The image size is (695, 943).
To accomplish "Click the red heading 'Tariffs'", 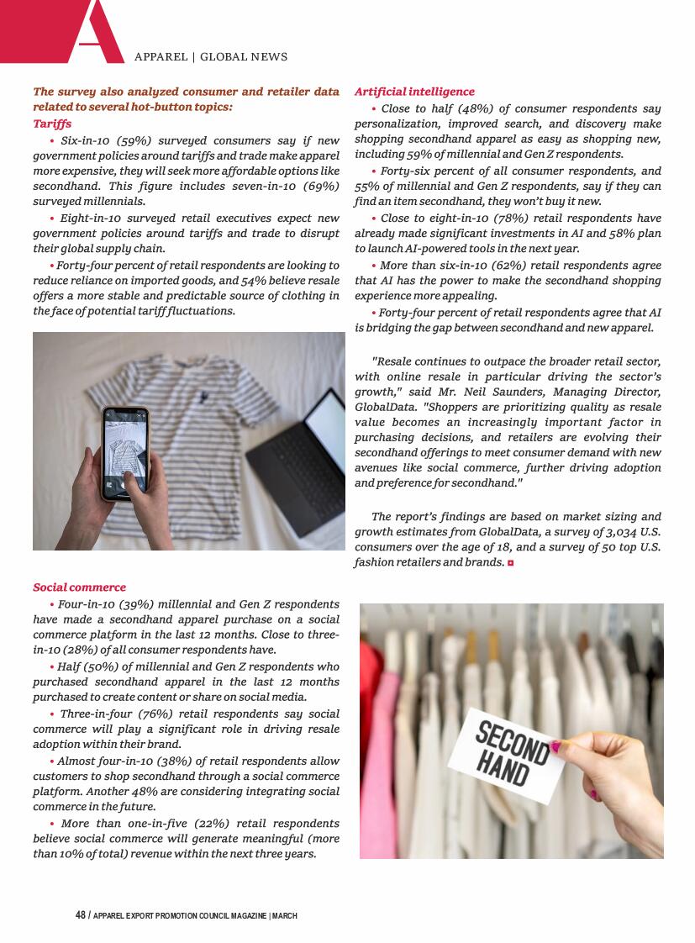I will point(52,124).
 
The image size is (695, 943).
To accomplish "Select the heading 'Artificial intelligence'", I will point(414,92).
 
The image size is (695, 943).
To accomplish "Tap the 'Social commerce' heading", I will point(79,587).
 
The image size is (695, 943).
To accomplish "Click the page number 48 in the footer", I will point(81,915).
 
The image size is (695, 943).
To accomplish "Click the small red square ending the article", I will point(510,562).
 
